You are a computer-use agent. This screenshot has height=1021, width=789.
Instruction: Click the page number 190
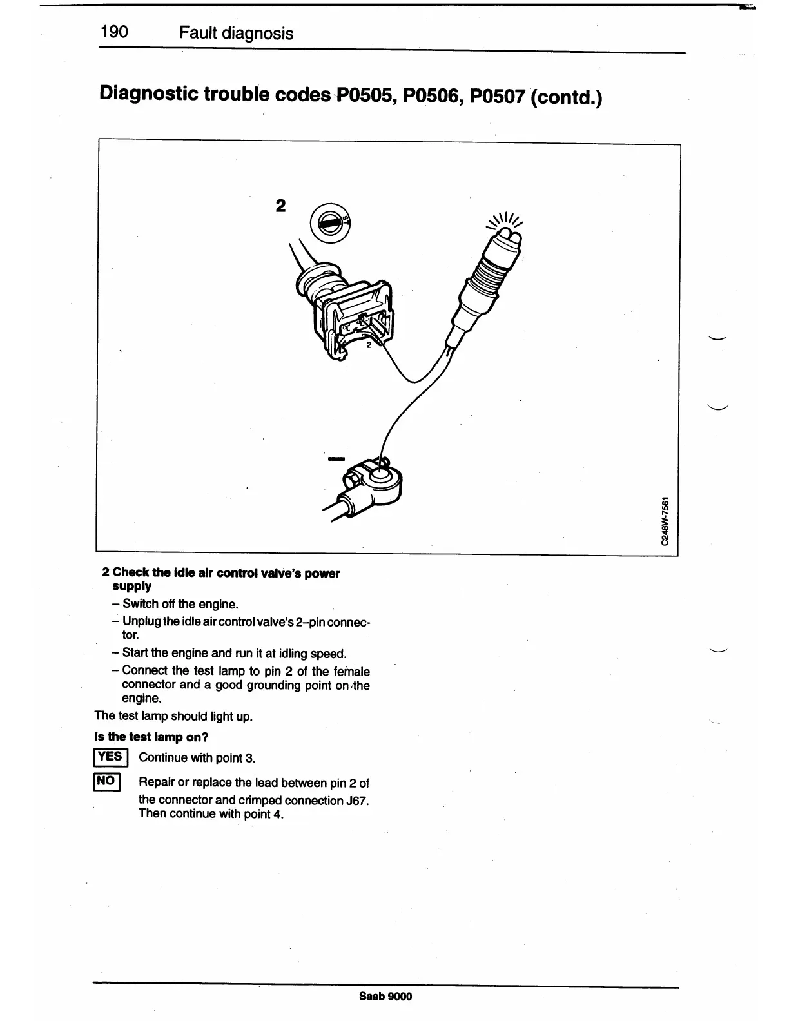[114, 32]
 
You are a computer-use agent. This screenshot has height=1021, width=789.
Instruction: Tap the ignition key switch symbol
[329, 221]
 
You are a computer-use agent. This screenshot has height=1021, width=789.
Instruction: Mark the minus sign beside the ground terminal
[336, 458]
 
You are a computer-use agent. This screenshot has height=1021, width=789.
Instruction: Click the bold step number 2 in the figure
[280, 206]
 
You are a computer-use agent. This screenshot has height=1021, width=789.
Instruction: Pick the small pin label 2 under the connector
[369, 345]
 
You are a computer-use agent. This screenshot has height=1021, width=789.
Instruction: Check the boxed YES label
[112, 756]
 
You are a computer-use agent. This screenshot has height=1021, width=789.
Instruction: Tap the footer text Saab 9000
[385, 996]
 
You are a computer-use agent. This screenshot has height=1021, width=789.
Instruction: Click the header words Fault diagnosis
[236, 33]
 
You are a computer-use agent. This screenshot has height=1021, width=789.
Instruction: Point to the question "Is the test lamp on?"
[151, 736]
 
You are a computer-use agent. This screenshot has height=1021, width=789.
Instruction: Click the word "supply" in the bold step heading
[131, 586]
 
